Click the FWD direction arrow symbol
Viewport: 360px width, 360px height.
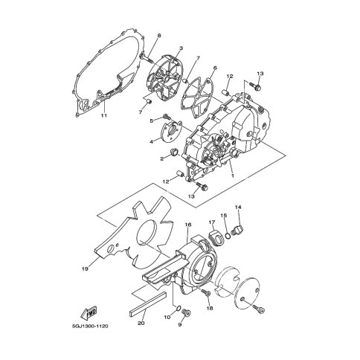(x=89, y=312)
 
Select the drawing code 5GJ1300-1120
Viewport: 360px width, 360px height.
(x=89, y=326)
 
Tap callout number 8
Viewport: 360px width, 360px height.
(x=159, y=36)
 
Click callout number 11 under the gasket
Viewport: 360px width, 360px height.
(x=104, y=115)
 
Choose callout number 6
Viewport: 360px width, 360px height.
(x=215, y=68)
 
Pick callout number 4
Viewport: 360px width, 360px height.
(x=151, y=141)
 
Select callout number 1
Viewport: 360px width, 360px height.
(x=232, y=176)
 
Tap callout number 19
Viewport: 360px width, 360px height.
(x=85, y=269)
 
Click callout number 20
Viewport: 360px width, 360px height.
(x=141, y=323)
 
